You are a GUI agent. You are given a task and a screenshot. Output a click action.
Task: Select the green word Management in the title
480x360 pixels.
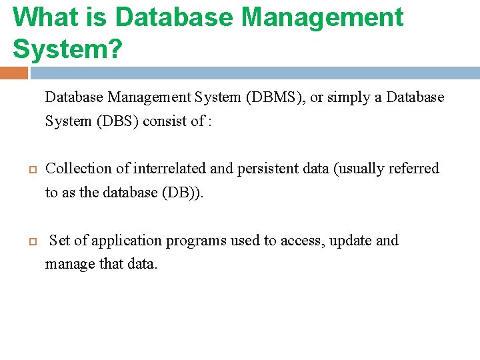click(323, 17)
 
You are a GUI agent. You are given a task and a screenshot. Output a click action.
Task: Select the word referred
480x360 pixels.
click(417, 169)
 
